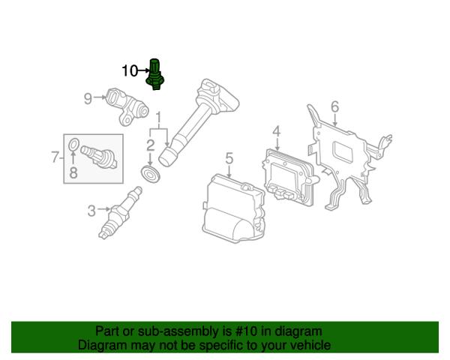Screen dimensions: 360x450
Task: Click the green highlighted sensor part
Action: click(157, 74)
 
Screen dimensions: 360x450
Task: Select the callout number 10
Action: click(129, 71)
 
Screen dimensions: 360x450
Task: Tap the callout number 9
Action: click(88, 98)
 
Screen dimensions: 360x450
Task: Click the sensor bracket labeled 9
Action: click(123, 106)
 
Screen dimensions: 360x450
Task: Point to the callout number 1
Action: click(157, 118)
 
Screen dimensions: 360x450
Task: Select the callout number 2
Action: click(151, 145)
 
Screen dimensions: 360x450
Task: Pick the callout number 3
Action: click(91, 210)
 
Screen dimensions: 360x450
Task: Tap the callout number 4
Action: click(276, 133)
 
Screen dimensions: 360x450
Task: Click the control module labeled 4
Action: click(289, 175)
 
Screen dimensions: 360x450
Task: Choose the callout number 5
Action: click(229, 157)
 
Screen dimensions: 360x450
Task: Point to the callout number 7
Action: click(54, 157)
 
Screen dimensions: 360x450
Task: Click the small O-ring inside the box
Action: click(73, 145)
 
